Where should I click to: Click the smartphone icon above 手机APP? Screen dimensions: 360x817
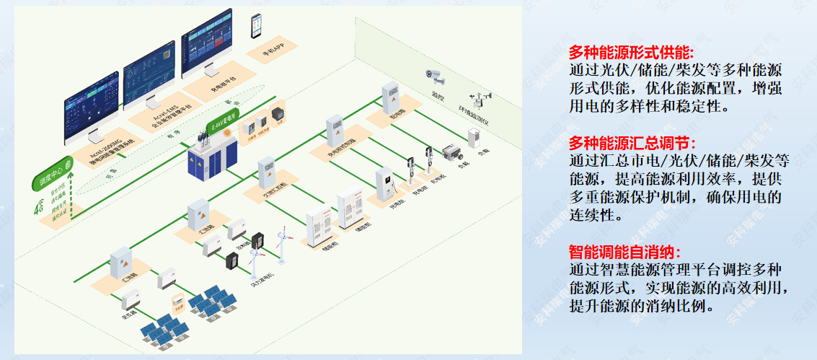point(256,26)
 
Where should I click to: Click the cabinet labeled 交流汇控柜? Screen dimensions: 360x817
point(268,172)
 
